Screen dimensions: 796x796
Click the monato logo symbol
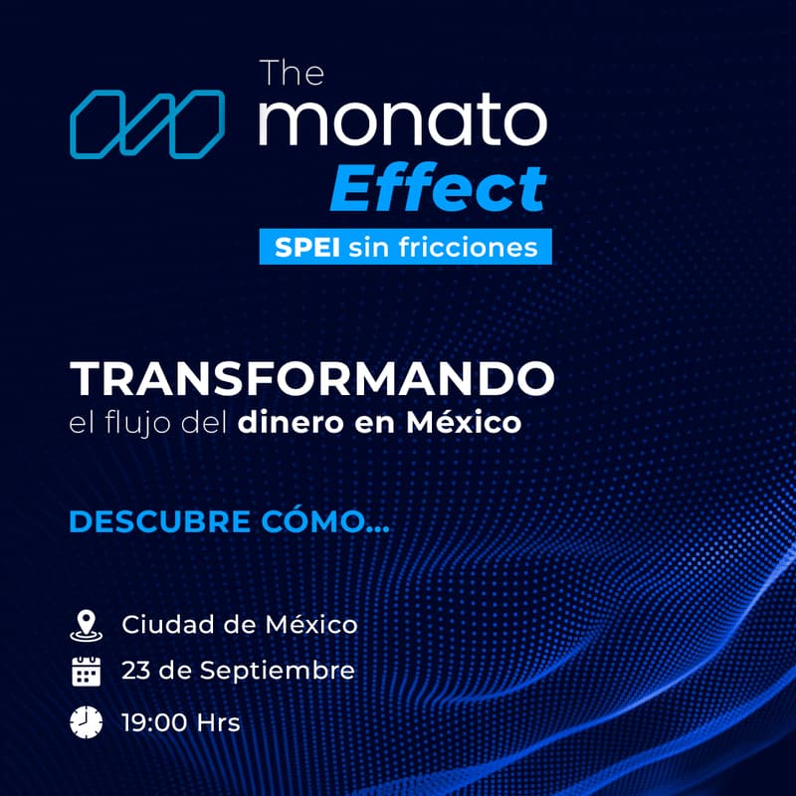[x=147, y=123]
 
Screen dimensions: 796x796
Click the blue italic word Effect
[x=438, y=186]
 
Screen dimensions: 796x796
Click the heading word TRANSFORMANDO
[x=311, y=378]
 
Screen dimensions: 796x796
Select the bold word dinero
[x=281, y=423]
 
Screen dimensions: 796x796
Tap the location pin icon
[x=87, y=625]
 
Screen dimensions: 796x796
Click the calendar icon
[x=87, y=672]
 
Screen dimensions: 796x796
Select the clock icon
[x=87, y=721]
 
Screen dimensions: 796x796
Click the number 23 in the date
[x=136, y=671]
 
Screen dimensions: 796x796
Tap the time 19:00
[x=155, y=721]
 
